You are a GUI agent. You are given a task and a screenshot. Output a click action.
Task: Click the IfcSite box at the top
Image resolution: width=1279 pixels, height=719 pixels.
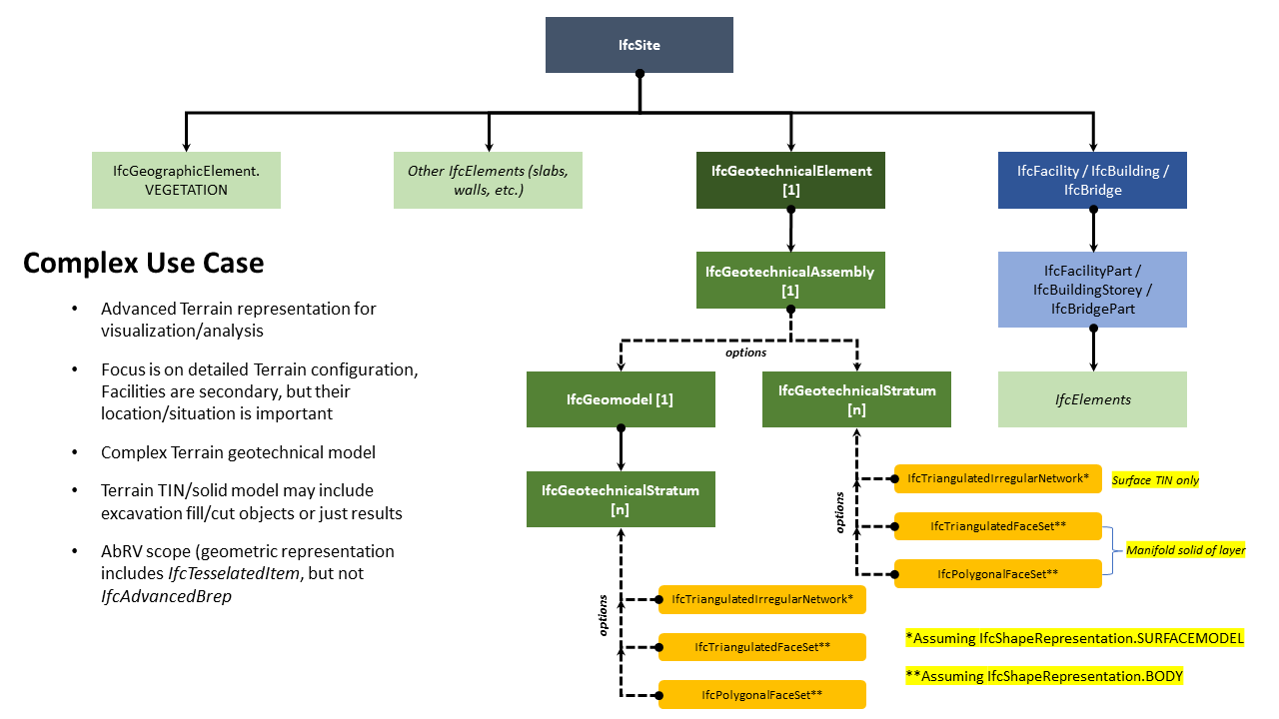point(639,45)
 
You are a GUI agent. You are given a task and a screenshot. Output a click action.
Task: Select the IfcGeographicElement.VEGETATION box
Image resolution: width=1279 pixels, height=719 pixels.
point(186,180)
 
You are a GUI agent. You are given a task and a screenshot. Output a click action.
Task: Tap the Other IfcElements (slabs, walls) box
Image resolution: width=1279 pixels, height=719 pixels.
point(488,180)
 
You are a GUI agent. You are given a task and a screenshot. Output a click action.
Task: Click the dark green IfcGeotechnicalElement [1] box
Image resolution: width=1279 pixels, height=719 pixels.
point(791,180)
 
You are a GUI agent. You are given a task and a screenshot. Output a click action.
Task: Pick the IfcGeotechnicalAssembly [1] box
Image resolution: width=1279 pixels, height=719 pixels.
point(789,280)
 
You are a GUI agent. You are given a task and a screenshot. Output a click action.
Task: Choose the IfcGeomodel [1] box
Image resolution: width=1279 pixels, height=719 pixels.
point(621,399)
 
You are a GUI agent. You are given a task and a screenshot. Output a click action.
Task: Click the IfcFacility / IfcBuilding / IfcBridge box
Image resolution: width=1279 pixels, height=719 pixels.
point(1092,180)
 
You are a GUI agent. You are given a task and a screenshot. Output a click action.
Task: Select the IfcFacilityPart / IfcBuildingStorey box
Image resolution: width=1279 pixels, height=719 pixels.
point(1092,290)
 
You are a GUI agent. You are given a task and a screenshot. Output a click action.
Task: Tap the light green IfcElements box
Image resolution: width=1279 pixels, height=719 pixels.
point(1092,399)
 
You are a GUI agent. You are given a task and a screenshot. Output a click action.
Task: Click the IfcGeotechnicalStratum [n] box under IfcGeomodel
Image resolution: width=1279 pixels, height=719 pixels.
point(621,499)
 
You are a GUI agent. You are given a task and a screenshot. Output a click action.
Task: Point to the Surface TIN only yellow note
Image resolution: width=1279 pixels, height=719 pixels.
point(1155,480)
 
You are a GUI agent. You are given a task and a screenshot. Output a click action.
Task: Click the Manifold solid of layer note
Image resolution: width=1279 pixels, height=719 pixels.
point(1185,550)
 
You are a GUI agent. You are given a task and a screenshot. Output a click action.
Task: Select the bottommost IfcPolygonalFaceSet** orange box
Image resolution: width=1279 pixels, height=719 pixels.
point(761,694)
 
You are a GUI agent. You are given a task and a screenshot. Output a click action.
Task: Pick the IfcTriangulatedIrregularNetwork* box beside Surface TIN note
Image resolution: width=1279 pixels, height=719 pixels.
point(997,478)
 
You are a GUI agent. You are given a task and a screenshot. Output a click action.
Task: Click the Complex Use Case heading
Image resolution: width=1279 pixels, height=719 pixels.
point(144,263)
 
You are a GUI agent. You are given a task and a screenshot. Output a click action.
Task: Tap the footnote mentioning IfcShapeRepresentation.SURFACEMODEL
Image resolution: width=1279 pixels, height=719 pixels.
point(1074,638)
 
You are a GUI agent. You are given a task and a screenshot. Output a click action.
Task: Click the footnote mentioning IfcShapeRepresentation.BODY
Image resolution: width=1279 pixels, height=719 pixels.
point(1043,676)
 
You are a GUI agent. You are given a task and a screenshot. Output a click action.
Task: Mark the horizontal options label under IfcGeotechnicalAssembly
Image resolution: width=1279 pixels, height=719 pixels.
point(746,353)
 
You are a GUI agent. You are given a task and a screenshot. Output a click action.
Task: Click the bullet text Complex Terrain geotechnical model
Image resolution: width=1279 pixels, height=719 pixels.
point(238,452)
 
